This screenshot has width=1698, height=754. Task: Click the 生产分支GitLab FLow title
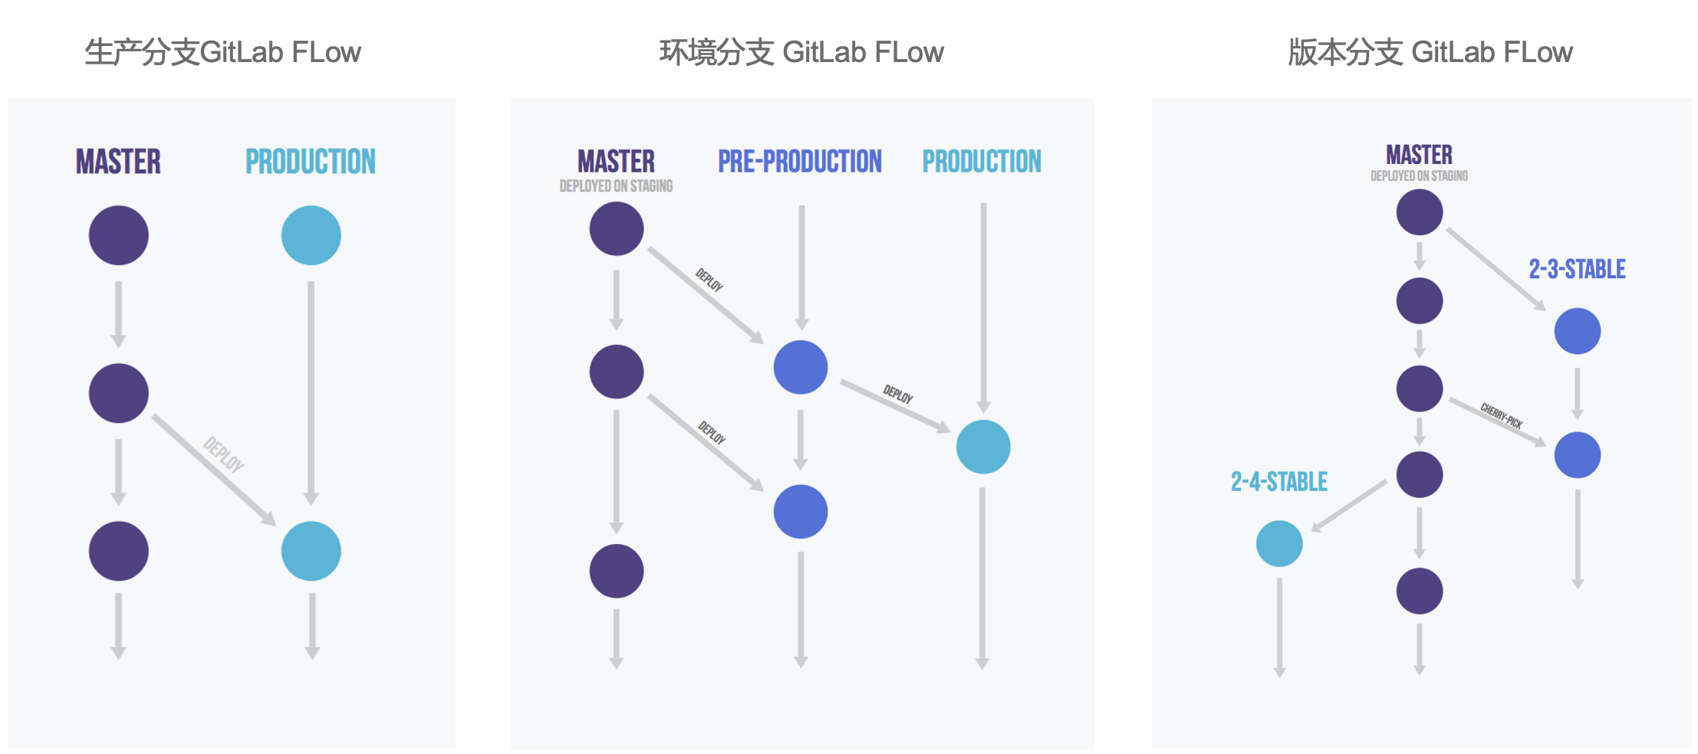[x=222, y=52]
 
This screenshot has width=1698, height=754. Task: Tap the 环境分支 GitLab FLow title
[x=801, y=52]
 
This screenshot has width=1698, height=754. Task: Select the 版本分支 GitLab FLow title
[x=1430, y=52]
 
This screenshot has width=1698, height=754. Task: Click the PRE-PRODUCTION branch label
[x=800, y=162]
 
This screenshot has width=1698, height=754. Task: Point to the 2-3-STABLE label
[x=1577, y=269]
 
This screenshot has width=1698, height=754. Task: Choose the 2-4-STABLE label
[x=1279, y=482]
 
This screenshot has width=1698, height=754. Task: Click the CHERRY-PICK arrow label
[x=1501, y=415]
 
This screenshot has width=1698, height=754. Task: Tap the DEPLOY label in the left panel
[x=223, y=454]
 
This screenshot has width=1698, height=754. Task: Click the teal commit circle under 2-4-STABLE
[x=1279, y=543]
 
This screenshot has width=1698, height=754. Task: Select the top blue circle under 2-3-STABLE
[x=1577, y=331]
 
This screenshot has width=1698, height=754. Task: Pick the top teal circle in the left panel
[x=311, y=235]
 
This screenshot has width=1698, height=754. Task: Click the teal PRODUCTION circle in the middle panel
[x=983, y=447]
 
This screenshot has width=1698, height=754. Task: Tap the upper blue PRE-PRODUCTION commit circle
[x=801, y=367]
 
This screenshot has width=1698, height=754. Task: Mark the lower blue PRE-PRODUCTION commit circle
[x=801, y=511]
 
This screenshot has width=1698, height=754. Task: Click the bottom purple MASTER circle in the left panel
[x=119, y=551]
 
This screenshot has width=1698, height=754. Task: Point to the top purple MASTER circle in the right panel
[x=1419, y=212]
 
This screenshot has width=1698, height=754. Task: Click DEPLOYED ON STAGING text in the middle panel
[x=616, y=186]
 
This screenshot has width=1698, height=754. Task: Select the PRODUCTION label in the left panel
[x=311, y=162]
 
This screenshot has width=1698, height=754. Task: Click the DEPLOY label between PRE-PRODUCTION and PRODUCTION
[x=898, y=395]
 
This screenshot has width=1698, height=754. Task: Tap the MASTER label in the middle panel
[x=616, y=162]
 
